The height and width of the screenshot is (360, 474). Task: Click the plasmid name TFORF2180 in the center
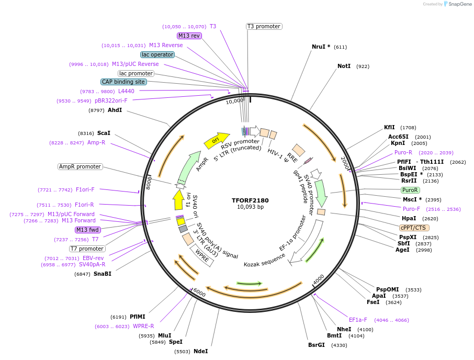coord(251,200)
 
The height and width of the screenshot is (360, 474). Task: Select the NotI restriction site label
coord(344,66)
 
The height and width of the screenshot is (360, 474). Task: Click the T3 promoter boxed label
coord(264,26)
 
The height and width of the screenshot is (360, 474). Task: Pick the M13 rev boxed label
coord(189,36)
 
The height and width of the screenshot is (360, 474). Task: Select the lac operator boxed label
coord(157,54)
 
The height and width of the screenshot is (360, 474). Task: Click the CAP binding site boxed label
coord(123,82)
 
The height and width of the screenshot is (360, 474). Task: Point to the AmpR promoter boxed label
coord(80,166)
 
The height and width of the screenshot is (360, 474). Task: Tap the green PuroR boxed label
coord(410,190)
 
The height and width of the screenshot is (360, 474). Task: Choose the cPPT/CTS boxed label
coord(414,228)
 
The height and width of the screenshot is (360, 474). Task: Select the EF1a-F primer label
coord(358,320)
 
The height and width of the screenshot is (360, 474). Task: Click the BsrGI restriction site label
coord(317,345)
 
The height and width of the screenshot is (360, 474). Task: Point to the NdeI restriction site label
coord(200,351)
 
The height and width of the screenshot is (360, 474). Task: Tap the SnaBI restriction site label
coord(103,274)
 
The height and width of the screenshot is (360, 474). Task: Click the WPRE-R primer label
coord(143,326)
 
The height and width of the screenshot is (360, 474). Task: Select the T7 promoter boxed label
coord(87,249)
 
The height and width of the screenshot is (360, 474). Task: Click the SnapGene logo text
coord(459,4)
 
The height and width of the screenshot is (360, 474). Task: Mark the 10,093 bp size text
coord(251,207)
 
